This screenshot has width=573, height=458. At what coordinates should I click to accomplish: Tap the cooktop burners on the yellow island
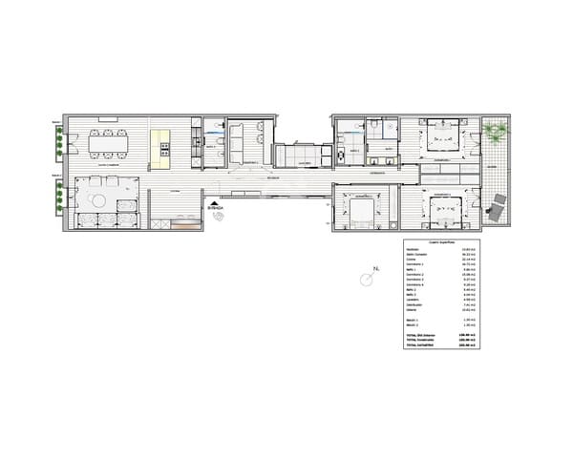164,150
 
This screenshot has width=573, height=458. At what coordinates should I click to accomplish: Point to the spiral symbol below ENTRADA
220,217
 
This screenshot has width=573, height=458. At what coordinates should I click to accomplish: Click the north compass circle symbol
366,280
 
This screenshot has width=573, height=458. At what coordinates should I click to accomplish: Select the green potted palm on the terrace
495,133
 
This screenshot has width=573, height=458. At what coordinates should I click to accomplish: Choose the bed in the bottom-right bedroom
444,209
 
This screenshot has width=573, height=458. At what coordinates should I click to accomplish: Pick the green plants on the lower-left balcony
60,196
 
